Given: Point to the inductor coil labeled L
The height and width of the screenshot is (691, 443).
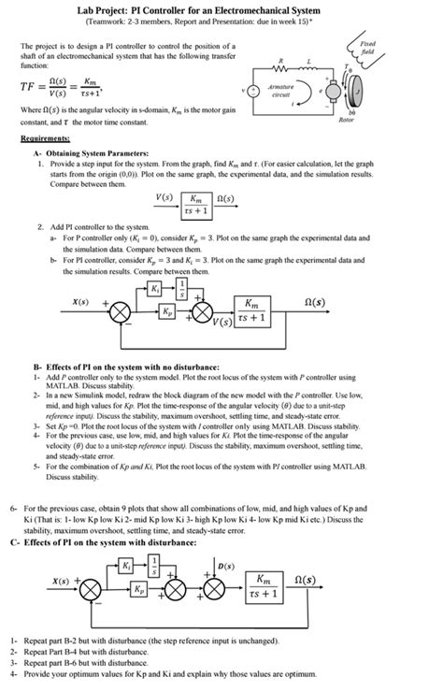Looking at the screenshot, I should click(309, 73).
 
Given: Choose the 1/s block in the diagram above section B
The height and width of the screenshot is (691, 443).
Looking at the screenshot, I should click(183, 286).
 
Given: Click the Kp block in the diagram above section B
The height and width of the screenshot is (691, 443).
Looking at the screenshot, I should click(167, 310).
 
